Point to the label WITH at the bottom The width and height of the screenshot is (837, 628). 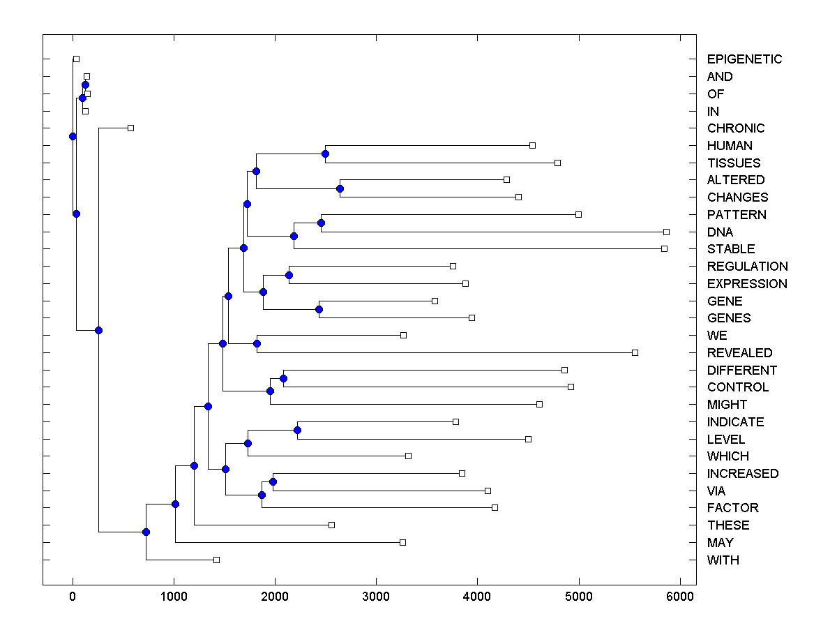pyautogui.click(x=723, y=560)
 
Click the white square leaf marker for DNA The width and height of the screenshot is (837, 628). pyautogui.click(x=666, y=232)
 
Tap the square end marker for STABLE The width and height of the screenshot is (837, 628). pyautogui.click(x=664, y=248)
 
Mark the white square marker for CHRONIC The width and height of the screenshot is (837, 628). pyautogui.click(x=130, y=128)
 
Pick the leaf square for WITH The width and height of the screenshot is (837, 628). pyautogui.click(x=216, y=560)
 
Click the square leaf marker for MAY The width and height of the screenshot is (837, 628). pyautogui.click(x=402, y=542)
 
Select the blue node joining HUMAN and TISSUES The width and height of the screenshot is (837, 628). pyautogui.click(x=325, y=154)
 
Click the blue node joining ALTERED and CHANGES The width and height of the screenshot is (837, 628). pyautogui.click(x=340, y=188)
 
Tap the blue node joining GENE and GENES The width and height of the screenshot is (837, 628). pyautogui.click(x=319, y=309)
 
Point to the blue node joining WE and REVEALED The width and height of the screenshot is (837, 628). pyautogui.click(x=257, y=343)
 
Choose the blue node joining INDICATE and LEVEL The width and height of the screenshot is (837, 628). pyautogui.click(x=297, y=431)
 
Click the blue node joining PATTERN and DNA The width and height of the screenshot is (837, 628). pyautogui.click(x=321, y=223)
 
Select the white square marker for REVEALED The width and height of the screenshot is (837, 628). pyautogui.click(x=635, y=352)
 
